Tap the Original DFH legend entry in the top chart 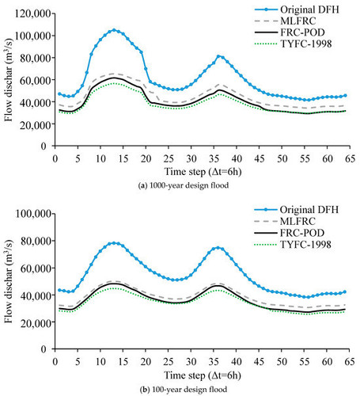click(297, 10)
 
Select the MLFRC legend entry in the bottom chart click(285, 221)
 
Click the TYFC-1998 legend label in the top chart click(306, 44)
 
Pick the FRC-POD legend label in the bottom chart click(302, 233)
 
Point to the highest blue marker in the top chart click(114, 30)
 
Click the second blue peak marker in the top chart click(218, 56)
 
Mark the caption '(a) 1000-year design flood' click(184, 185)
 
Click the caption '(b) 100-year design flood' click(184, 389)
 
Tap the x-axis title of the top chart click(203, 172)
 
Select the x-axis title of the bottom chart click(203, 375)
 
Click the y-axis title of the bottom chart click(9, 282)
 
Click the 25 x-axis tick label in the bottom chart click(169, 361)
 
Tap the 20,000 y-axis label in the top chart click(35, 124)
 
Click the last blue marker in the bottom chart click(345, 292)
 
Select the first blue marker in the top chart click(59, 94)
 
